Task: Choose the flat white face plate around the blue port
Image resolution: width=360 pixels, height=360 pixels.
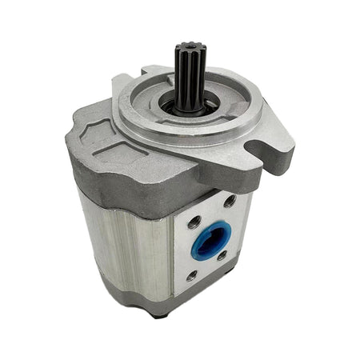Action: [x=213, y=264]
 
